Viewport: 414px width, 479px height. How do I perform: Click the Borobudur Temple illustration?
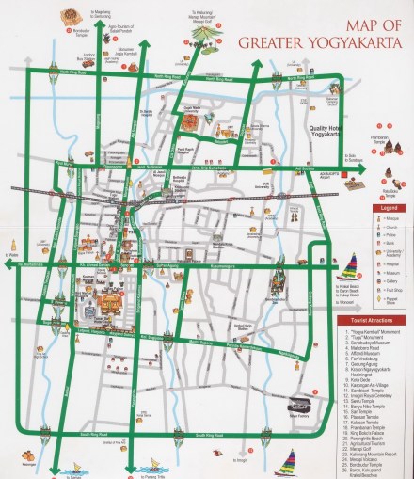[69, 16]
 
